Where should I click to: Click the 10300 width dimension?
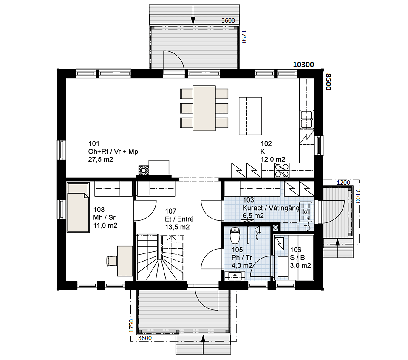point(303,65)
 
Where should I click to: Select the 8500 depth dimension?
point(329,82)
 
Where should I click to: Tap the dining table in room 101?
point(204,108)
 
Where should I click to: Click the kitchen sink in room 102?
point(307,119)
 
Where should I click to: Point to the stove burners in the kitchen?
point(282,170)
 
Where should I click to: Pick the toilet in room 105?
point(235,235)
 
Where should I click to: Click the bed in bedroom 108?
point(78,207)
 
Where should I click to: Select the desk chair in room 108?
point(112,261)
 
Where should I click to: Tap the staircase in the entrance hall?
point(161,257)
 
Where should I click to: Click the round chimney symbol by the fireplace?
point(143,171)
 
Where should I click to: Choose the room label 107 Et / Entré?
point(179,215)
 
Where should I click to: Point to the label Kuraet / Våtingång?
point(271,208)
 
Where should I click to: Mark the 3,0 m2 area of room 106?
point(300,265)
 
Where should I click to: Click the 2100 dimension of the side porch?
point(358,196)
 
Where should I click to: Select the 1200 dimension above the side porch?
point(343,183)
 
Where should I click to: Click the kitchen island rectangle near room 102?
point(250,116)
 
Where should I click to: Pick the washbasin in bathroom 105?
point(235,276)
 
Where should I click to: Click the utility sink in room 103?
point(306,211)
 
